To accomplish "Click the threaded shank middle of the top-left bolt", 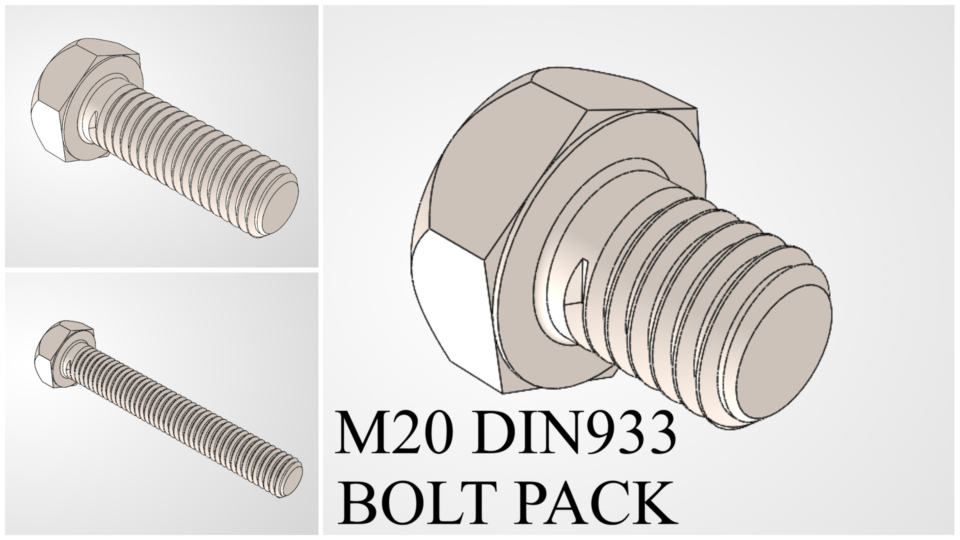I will tap(190, 150).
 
